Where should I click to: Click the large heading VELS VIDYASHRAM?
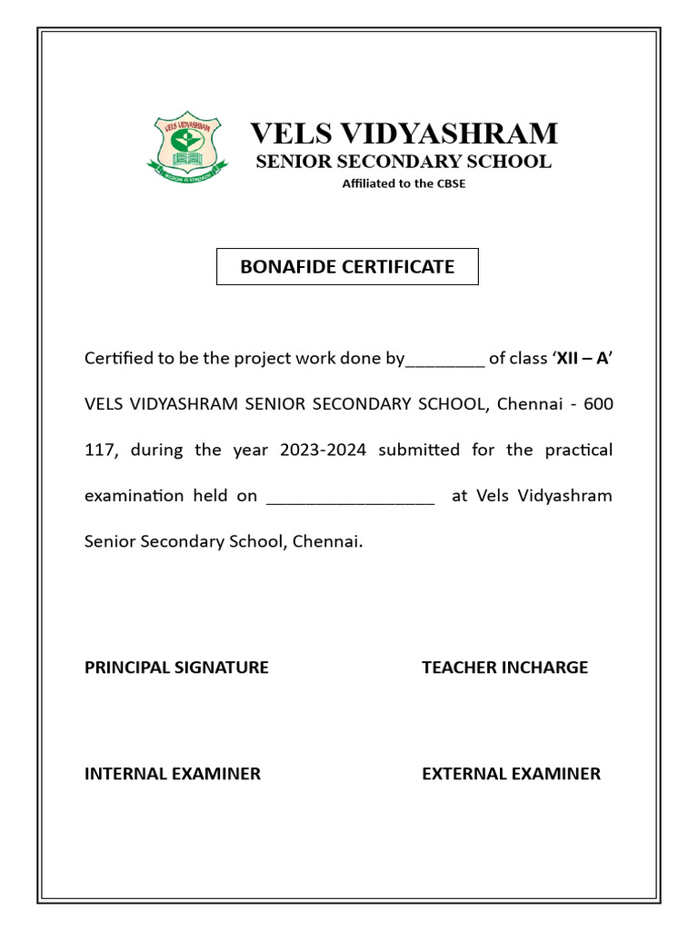coord(404,134)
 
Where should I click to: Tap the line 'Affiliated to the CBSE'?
coord(404,183)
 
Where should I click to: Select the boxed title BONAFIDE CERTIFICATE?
coord(347,267)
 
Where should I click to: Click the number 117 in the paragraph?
coord(98,450)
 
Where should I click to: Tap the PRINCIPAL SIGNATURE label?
coord(176,668)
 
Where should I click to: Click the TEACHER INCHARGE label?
coord(504,668)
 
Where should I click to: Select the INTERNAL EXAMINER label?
coord(173,774)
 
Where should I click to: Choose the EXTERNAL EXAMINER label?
coord(511,774)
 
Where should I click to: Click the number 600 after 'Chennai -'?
coord(598,404)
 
